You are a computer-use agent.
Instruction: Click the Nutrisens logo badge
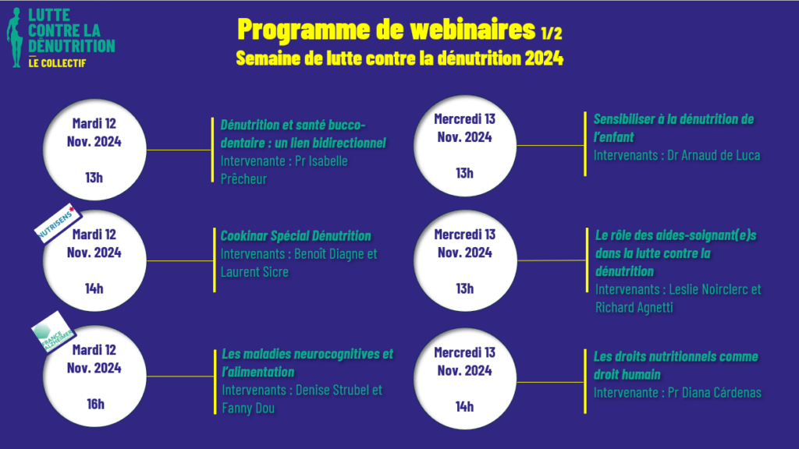(58, 222)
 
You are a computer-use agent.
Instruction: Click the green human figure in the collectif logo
(16, 37)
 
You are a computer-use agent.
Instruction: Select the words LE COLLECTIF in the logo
(57, 63)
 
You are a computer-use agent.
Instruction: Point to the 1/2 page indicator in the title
(552, 33)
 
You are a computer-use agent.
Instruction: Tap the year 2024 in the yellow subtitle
(544, 58)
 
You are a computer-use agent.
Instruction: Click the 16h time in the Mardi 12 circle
(95, 405)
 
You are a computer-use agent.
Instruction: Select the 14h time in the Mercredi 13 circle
(464, 407)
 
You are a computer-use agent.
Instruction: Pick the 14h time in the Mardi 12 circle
(94, 288)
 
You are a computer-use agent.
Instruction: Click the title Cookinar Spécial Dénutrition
(296, 235)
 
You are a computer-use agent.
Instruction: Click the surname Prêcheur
(243, 179)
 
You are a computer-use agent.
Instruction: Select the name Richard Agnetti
(634, 307)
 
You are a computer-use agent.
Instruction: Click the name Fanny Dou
(248, 408)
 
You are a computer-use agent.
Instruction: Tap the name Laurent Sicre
(254, 272)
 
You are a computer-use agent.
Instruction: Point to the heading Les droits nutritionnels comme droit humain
(676, 366)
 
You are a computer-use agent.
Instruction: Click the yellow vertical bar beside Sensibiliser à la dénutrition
(585, 144)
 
